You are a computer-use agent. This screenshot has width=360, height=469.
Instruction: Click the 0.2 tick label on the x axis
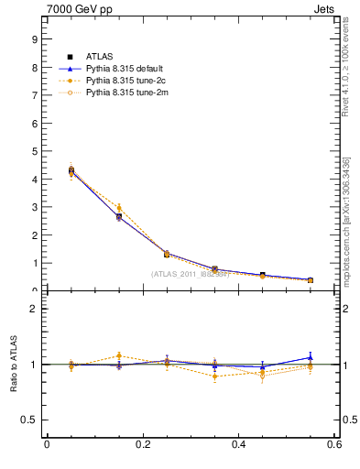[x=142, y=445]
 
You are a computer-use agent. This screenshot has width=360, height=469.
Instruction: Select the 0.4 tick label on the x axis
[x=238, y=445]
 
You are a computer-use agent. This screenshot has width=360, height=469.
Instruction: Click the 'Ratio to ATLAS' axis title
[x=12, y=364]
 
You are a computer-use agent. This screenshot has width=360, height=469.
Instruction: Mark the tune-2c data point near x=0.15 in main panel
[x=118, y=208]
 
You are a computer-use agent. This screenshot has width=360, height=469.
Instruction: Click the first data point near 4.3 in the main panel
[x=71, y=170]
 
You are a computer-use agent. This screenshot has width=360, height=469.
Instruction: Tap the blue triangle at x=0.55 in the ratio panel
[x=311, y=358]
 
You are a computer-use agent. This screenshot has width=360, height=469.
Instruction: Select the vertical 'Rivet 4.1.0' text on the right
[x=346, y=73]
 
